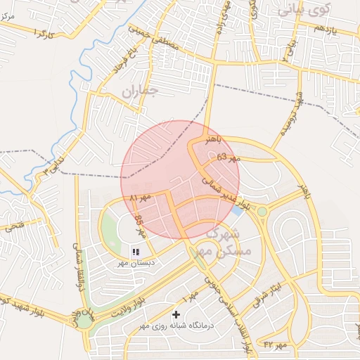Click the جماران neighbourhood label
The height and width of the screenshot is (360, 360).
click(x=140, y=91)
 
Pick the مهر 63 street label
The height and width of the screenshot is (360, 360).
click(x=228, y=157)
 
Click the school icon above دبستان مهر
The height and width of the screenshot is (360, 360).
click(x=136, y=250)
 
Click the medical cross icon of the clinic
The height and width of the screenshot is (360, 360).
click(x=176, y=314)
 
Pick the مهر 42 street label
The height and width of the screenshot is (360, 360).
click(x=275, y=345)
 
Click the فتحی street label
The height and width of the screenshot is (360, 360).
click(x=14, y=226)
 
